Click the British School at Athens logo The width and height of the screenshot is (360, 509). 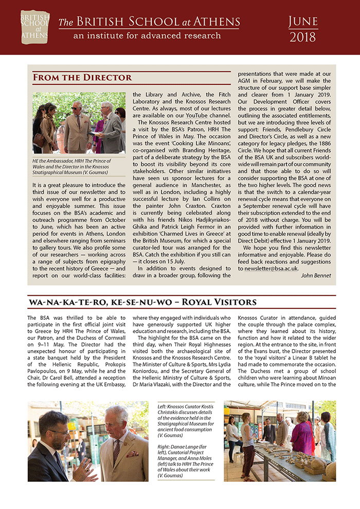click(35, 27)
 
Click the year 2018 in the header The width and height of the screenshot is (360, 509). click(303, 37)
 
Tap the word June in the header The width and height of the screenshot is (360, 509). click(303, 21)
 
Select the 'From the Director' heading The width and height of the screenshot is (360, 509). click(82, 78)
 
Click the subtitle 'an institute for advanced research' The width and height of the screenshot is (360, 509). click(147, 36)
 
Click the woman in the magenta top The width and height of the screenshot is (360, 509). click(299, 432)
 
